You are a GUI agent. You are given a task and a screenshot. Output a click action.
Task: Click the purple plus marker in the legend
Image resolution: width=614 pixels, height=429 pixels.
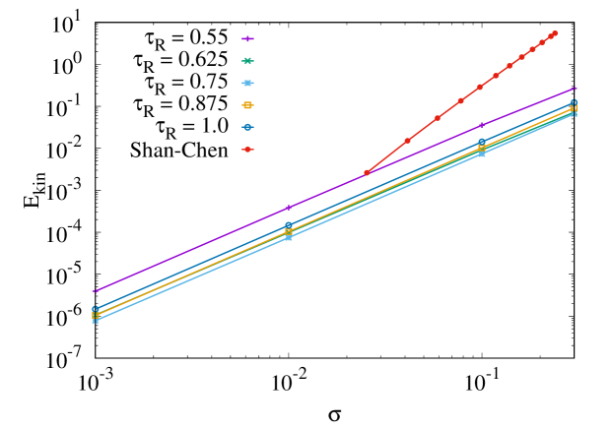(247, 38)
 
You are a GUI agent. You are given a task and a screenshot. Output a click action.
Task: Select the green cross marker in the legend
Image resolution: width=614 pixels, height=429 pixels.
(247, 61)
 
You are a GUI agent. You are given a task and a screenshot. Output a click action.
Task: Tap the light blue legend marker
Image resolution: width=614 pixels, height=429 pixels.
(247, 83)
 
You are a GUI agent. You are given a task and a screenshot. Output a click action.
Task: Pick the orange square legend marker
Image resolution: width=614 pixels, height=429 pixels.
(247, 105)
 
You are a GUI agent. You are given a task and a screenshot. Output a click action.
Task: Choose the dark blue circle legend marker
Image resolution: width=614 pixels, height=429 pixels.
(247, 127)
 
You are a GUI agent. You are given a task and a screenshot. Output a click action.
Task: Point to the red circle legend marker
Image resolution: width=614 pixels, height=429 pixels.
(247, 150)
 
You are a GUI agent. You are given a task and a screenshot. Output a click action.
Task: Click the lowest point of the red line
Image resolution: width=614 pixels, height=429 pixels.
(367, 172)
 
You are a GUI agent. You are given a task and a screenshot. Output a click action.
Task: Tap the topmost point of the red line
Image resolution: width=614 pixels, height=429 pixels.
(555, 33)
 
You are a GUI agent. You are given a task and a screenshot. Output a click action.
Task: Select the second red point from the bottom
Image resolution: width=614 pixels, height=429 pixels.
(407, 141)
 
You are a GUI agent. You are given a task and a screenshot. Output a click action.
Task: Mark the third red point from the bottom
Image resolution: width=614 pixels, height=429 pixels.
(437, 118)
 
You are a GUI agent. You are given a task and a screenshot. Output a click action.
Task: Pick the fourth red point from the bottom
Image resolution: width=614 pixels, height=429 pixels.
(460, 100)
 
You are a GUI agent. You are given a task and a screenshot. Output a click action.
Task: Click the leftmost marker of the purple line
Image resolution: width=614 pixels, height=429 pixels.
(95, 291)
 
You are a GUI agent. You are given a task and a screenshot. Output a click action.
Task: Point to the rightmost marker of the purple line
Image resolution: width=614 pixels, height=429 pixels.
(575, 89)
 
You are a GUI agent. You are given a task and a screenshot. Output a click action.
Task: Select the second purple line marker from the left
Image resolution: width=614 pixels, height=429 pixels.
(288, 208)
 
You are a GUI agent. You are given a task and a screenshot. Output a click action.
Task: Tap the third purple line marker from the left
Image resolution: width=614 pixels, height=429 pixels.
(481, 125)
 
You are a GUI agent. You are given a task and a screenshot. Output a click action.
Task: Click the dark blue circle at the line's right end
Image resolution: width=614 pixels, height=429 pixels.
(574, 101)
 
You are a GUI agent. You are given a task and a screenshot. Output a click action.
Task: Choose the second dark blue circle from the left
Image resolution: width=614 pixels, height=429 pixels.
(289, 226)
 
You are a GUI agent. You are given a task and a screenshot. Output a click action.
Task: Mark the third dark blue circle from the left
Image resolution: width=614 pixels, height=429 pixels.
(481, 143)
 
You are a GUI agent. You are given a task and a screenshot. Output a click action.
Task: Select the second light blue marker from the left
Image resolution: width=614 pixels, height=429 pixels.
(289, 237)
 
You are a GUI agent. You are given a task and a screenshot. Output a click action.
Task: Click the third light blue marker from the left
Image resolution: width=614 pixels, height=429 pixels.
(481, 153)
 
